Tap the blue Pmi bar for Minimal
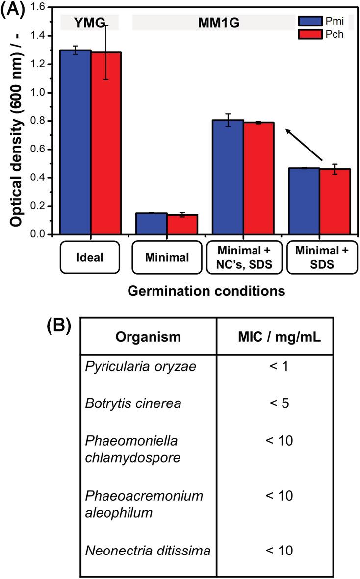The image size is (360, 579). (152, 224)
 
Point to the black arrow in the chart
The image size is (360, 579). (304, 145)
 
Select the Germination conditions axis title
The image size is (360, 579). (206, 291)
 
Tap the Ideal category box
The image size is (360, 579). (90, 257)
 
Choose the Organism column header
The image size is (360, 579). (148, 337)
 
